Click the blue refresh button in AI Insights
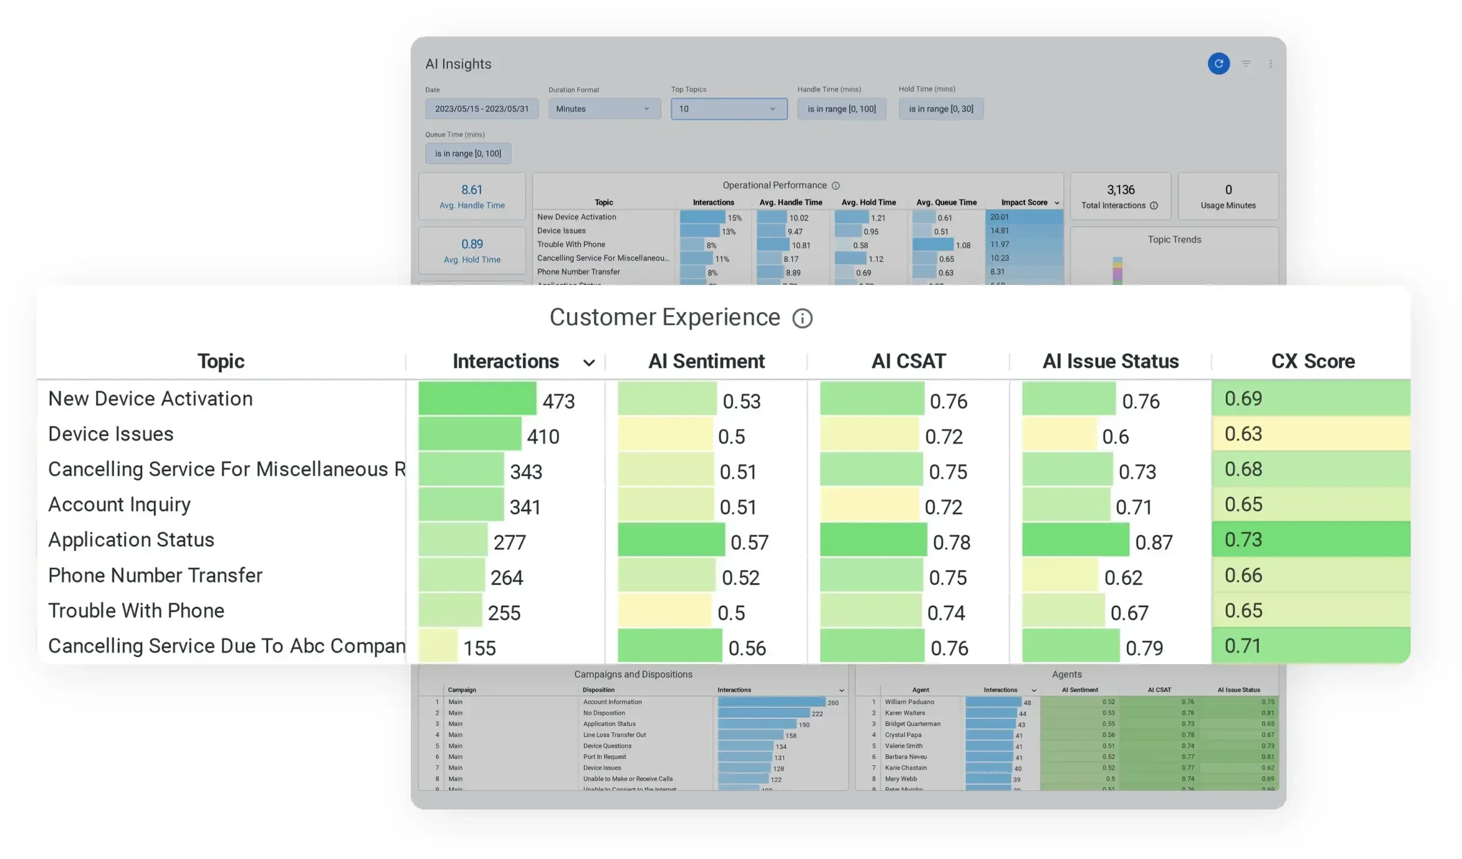1218,64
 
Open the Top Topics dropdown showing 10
729,109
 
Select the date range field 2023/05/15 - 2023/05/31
481,109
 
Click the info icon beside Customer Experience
802,319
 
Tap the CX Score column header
1313,361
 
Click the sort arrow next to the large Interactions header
589,363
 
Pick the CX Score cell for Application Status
1310,539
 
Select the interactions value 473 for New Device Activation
558,401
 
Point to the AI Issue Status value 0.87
1154,542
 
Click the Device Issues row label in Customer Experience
111,434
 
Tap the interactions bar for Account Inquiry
461,505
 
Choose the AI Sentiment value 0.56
747,648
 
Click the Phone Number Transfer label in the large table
155,575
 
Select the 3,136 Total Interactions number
1120,190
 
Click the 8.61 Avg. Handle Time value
471,190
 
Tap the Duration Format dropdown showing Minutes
604,109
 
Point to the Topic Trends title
1174,240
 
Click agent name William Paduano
909,702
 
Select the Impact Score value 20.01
999,217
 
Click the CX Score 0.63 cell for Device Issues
1310,434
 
